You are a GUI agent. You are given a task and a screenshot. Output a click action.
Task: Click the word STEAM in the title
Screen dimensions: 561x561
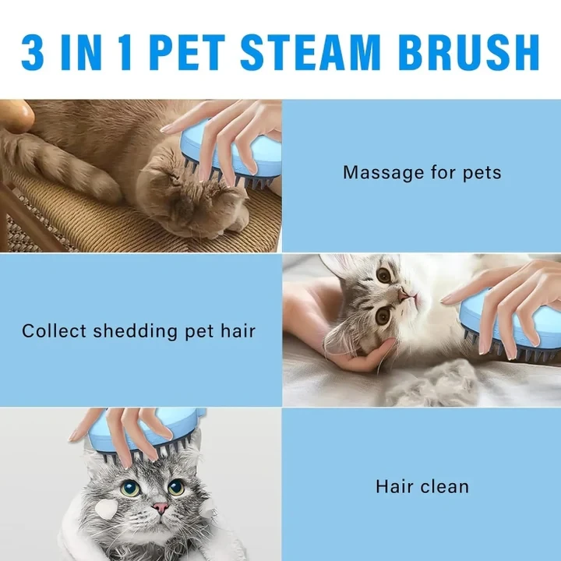[310, 53]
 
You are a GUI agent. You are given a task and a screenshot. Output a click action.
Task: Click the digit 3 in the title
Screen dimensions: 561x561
[33, 53]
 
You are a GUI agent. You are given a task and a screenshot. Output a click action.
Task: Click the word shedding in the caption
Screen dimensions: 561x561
[136, 331]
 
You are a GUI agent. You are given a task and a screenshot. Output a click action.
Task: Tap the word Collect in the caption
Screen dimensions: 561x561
[54, 331]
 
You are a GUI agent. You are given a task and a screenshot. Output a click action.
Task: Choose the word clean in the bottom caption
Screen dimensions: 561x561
[445, 486]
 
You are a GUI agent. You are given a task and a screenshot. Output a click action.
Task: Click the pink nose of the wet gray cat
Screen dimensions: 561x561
[161, 507]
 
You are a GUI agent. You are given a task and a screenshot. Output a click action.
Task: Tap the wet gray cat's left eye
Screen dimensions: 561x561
[130, 488]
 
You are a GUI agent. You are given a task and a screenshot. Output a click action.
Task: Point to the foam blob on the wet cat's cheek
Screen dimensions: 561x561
[107, 509]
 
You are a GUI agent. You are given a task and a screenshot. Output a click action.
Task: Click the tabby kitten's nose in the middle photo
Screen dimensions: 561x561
[404, 295]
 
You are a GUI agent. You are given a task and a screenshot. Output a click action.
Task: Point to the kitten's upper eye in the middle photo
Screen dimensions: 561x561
[383, 275]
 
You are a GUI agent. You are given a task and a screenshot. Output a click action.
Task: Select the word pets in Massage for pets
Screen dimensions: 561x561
[482, 174]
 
